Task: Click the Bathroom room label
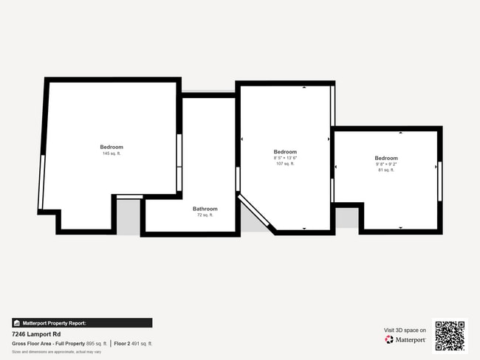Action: [205, 208]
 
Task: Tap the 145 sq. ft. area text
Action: [112, 153]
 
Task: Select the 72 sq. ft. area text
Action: [205, 215]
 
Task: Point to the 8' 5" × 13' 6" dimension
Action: [285, 158]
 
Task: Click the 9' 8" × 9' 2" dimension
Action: [385, 164]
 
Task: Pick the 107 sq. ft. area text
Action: [285, 164]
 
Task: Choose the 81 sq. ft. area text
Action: [385, 170]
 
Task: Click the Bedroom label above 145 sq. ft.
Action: [112, 147]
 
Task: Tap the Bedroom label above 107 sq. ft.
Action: [285, 152]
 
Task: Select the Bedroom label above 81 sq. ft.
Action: [385, 158]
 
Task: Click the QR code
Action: [450, 335]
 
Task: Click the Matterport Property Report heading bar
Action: [82, 323]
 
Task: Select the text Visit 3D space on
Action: [405, 330]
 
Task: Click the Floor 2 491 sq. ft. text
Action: [133, 343]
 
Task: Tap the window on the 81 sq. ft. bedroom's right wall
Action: [439, 181]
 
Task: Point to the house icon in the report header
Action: [16, 323]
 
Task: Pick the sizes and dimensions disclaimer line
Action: [56, 352]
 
